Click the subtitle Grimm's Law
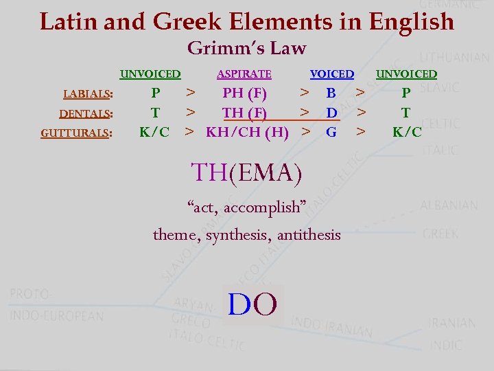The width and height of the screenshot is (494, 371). pyautogui.click(x=246, y=49)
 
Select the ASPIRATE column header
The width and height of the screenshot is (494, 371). pyautogui.click(x=244, y=74)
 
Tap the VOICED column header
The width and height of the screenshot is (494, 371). pyautogui.click(x=332, y=74)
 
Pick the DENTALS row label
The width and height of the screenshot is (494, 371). pyautogui.click(x=86, y=113)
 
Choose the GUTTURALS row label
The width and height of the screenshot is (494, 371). pyautogui.click(x=77, y=133)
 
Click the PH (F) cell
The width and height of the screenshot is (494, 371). pyautogui.click(x=245, y=93)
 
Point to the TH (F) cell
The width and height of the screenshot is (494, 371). pyautogui.click(x=245, y=112)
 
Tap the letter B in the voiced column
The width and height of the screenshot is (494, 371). pyautogui.click(x=331, y=93)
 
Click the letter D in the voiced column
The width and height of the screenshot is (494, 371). pyautogui.click(x=331, y=112)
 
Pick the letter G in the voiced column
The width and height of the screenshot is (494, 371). pyautogui.click(x=331, y=131)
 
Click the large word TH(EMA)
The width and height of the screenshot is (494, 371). pyautogui.click(x=246, y=172)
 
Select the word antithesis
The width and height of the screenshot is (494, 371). pyautogui.click(x=309, y=235)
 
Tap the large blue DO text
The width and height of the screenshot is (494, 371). pyautogui.click(x=252, y=304)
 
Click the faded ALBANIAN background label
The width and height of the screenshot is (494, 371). pyautogui.click(x=449, y=205)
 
